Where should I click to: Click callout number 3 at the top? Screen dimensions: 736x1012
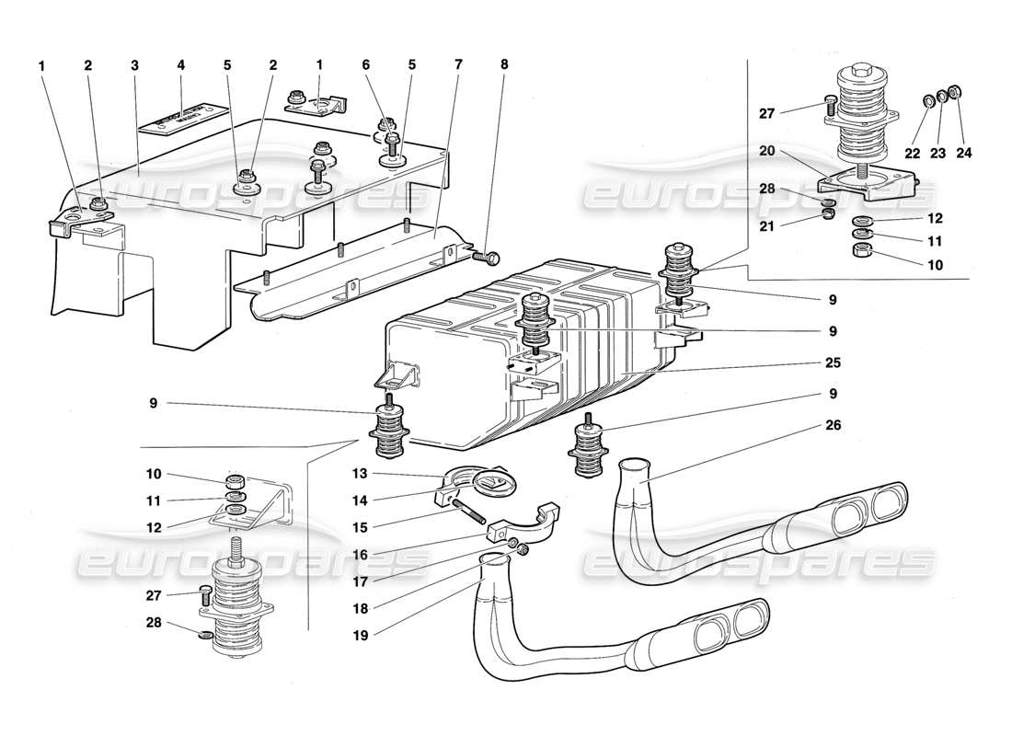(134, 65)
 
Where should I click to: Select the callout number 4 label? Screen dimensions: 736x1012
(180, 65)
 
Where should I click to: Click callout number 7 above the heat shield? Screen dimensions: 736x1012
(458, 65)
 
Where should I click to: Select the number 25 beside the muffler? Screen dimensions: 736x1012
(833, 362)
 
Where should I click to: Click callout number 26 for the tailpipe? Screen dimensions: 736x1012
(833, 426)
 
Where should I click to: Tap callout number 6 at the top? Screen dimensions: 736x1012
(365, 65)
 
